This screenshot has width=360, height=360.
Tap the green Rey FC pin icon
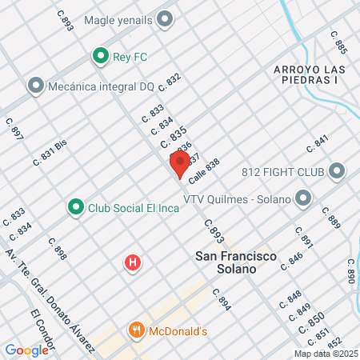click(x=100, y=56)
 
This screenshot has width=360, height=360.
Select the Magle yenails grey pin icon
click(x=166, y=19)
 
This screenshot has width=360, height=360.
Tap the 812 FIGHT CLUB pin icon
click(x=336, y=170)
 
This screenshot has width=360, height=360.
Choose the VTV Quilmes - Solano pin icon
click(x=302, y=197)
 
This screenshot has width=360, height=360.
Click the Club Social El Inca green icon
click(x=75, y=207)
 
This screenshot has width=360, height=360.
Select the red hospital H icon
click(x=134, y=262)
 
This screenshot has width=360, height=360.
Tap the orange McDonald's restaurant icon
click(x=137, y=330)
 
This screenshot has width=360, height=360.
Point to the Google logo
click(x=26, y=350)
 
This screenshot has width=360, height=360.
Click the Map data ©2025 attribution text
click(x=326, y=354)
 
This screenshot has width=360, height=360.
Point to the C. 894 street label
click(x=222, y=299)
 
